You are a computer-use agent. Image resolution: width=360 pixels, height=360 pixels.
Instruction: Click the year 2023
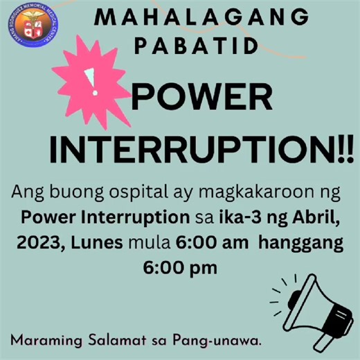(x=42, y=243)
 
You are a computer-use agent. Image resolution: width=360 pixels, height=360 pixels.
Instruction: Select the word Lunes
(x=98, y=243)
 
